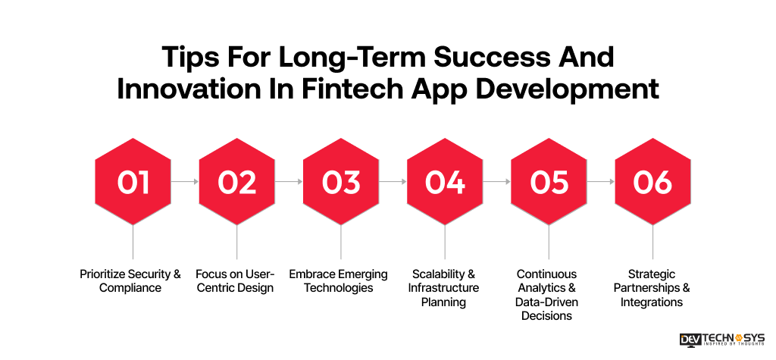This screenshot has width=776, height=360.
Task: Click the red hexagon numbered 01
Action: pos(133,182)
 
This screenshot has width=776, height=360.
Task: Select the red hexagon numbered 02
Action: pos(236,182)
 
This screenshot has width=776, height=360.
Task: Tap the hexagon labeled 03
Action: pos(340,182)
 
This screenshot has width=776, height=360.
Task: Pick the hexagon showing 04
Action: pos(445,182)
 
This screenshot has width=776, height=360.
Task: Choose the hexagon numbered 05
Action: pos(549,182)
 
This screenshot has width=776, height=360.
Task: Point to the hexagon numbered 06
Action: pos(652,182)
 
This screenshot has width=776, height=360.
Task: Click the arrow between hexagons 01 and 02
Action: pos(185,182)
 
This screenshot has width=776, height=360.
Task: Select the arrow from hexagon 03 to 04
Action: pos(393,182)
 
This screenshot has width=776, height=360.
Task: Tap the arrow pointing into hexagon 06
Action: pos(600,182)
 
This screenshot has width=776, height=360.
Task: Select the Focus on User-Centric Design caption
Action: pos(235,281)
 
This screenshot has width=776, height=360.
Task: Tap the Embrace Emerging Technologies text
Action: pos(339,281)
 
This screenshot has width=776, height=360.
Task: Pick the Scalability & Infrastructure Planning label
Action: pos(444,288)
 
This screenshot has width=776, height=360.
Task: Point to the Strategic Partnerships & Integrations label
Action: pos(652,288)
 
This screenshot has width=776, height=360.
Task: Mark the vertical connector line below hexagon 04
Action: pos(445,242)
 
